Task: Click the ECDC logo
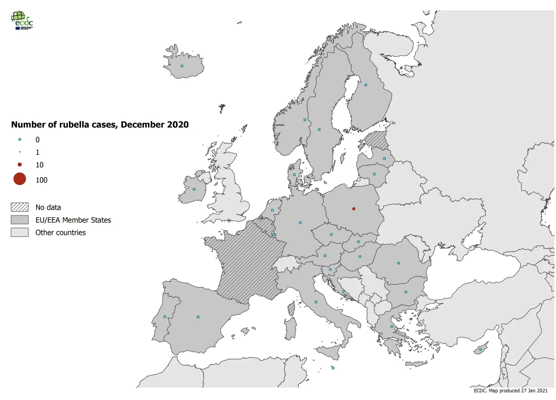point(22,20)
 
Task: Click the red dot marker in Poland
point(354,209)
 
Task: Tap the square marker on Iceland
point(182,66)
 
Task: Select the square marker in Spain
point(198,317)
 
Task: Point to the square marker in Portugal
point(165,317)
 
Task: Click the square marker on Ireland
point(194,189)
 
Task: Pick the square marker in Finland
point(366,85)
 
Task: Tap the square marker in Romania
point(399,263)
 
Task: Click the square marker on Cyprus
point(480,349)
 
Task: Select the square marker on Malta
point(333,368)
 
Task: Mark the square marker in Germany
point(300,223)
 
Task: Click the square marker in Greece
point(392,327)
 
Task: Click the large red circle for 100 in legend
point(20,179)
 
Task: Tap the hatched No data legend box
point(20,207)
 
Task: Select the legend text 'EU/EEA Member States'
point(73,220)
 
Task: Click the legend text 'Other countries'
point(60,233)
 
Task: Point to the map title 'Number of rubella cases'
point(100,125)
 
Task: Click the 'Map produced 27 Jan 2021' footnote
point(511,391)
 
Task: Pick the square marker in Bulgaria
point(406,292)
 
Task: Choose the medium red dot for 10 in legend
point(20,165)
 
